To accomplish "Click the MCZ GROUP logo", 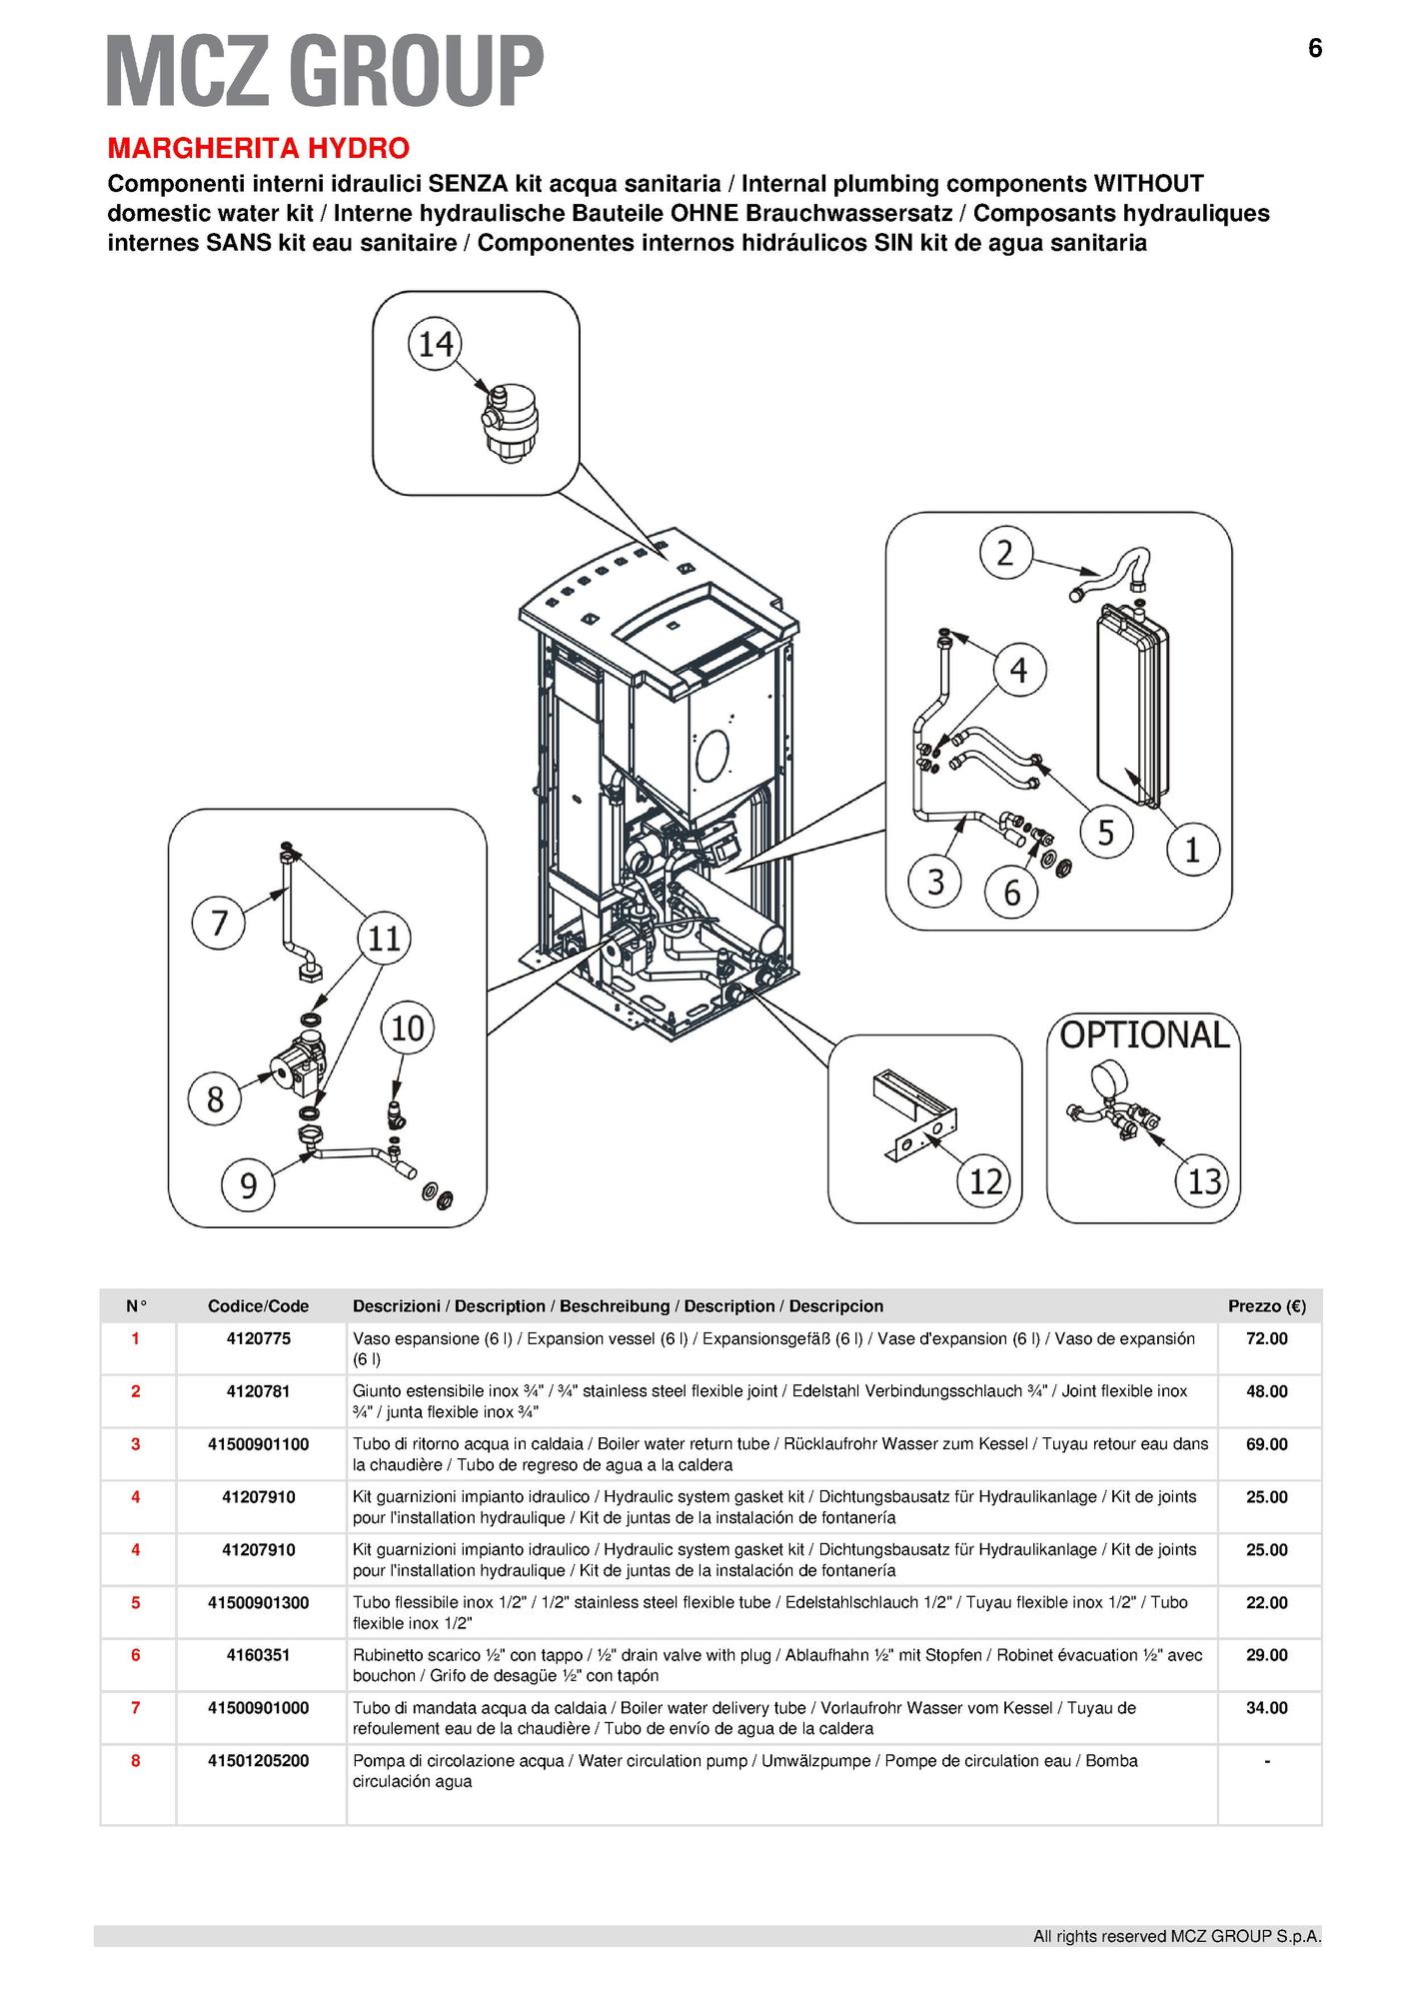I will [325, 69].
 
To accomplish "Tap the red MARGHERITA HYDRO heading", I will [258, 149].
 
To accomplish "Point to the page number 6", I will [1314, 48].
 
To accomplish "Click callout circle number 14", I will [435, 344].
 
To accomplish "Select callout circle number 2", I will [1005, 552].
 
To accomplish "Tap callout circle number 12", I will [985, 1181].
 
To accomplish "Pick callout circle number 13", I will [1204, 1181].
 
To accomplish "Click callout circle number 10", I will [408, 1028].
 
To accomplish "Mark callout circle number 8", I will [215, 1099].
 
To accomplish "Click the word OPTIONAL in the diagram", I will [1143, 1034].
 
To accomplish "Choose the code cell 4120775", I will [258, 1338].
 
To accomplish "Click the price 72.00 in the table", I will [1266, 1338].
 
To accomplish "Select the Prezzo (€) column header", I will [1266, 1306].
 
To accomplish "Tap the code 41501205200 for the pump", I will [258, 1760].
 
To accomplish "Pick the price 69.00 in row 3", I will [1266, 1444].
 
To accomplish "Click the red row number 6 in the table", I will [136, 1655].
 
